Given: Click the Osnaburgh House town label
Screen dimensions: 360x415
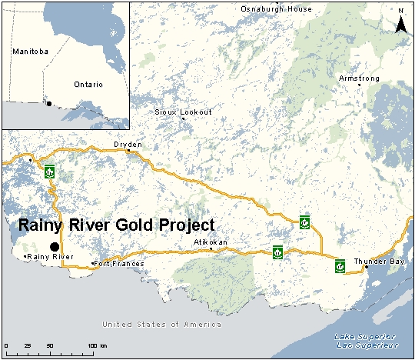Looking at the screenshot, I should tap(277, 8).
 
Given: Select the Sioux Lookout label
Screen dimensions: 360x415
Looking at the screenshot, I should tap(183, 112).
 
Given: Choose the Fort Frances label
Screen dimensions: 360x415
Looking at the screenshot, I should tap(118, 264).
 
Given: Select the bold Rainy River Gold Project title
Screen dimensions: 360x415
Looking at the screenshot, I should tap(115, 225).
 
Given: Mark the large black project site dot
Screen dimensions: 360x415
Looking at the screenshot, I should tap(54, 245).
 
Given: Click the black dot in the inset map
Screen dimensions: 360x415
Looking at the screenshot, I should tap(49, 104).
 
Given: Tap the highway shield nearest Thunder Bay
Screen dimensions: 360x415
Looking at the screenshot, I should tap(339, 266).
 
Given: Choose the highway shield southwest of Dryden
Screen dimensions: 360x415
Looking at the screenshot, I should tap(50, 171).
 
